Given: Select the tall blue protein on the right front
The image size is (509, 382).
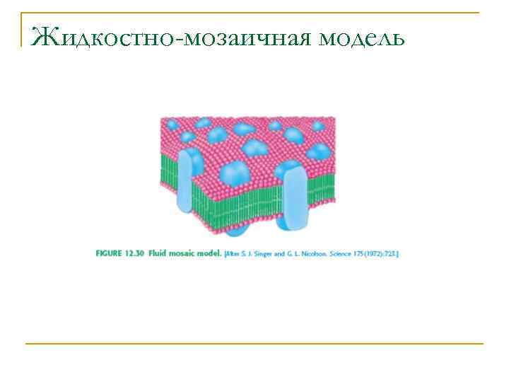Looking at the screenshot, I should click(291, 195).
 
